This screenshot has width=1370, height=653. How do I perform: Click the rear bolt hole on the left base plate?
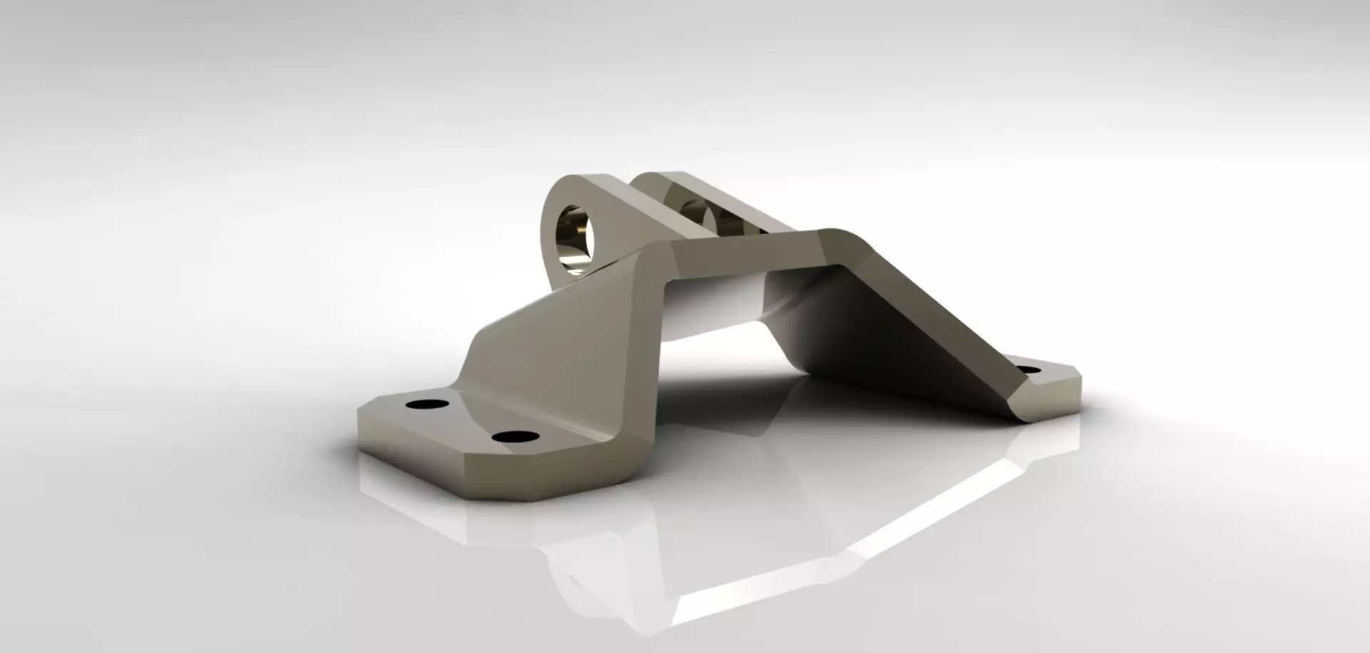click(x=427, y=404)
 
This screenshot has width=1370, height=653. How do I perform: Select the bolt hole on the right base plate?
click(x=1028, y=370)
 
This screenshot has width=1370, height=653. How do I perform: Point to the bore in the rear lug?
click(x=696, y=211)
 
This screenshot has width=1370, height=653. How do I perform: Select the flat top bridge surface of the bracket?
click(x=749, y=246)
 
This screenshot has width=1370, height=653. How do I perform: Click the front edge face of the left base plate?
click(x=535, y=475)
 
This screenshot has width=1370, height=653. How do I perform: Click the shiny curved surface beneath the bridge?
click(x=714, y=307)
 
